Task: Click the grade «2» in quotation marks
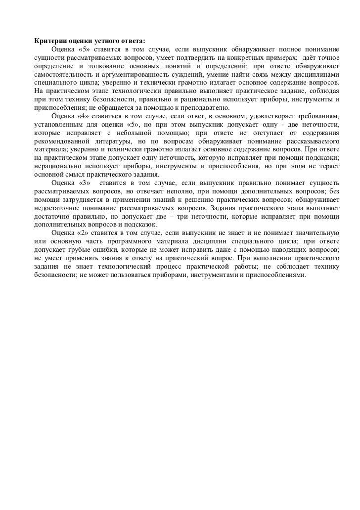click(85, 231)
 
